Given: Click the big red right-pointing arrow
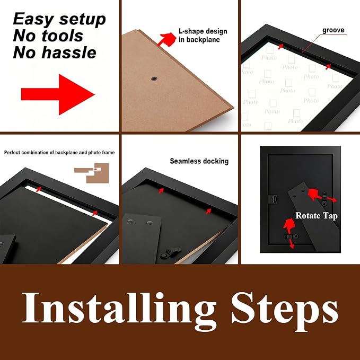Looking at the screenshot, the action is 58,94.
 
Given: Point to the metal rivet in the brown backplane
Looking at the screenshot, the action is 154,79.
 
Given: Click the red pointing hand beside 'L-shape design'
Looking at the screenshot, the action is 167,39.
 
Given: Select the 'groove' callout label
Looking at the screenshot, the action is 333,30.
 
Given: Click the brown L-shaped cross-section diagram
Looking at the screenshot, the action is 92,173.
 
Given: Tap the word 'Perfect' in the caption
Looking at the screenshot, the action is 12,153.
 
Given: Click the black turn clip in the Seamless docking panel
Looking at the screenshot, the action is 170,253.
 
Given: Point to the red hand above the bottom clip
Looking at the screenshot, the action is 289,225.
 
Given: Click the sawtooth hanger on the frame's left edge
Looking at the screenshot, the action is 273,199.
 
